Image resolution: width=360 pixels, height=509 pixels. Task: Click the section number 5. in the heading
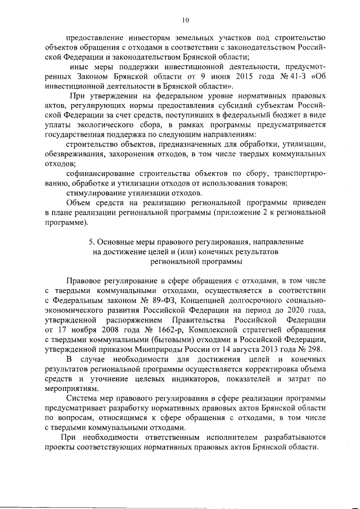coord(92,242)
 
